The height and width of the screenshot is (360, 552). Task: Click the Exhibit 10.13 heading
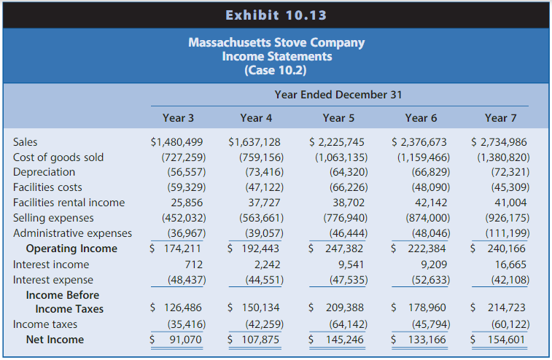276,15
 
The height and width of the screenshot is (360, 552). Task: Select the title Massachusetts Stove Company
276,42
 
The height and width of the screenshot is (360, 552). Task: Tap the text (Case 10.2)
276,71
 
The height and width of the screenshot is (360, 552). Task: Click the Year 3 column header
178,118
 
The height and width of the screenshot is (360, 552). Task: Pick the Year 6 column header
421,118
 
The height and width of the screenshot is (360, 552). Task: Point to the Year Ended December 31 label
338,95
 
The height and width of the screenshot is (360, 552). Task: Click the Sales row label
25,142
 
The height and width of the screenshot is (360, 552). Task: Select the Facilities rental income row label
69,203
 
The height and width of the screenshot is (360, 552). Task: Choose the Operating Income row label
71,249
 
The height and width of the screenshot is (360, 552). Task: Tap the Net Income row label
55,340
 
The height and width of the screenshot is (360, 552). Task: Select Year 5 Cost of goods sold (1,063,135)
341,157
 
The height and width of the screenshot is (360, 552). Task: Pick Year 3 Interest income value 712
193,265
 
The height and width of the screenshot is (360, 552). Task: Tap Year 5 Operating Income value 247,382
343,249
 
